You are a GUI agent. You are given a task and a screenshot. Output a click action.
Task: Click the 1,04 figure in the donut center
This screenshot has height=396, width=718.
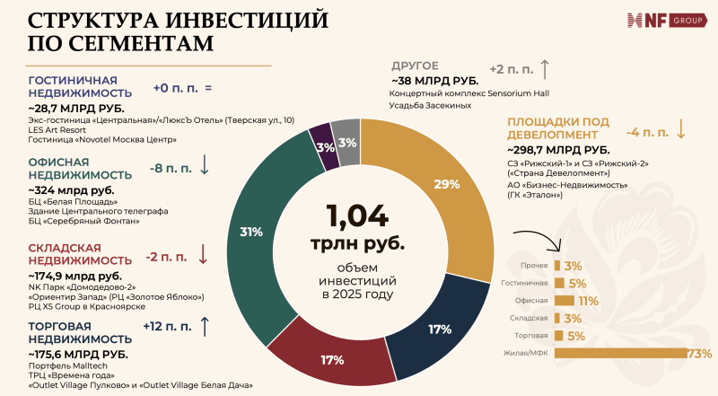(357, 216)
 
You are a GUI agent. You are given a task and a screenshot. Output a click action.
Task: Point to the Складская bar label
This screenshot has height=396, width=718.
(530, 319)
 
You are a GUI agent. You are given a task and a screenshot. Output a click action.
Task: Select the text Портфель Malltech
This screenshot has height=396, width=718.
(67, 367)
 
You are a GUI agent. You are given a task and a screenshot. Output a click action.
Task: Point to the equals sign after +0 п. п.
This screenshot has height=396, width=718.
(207, 89)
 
